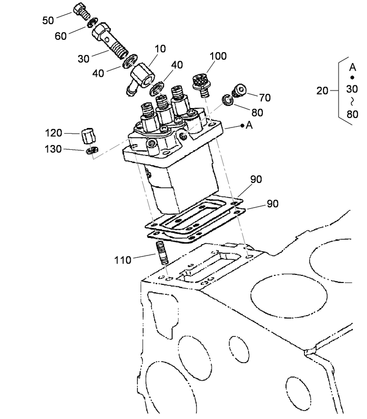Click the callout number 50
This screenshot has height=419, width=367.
pyautogui.click(x=49, y=20)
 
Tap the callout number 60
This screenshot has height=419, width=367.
pyautogui.click(x=61, y=36)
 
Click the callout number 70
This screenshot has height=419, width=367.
pyautogui.click(x=265, y=98)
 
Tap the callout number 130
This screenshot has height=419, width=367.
pyautogui.click(x=54, y=149)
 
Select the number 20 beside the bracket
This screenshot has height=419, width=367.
pyautogui.click(x=322, y=91)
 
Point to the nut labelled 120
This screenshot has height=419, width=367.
pyautogui.click(x=88, y=136)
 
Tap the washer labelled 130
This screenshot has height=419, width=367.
pyautogui.click(x=91, y=151)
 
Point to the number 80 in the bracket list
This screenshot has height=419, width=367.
pyautogui.click(x=352, y=114)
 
